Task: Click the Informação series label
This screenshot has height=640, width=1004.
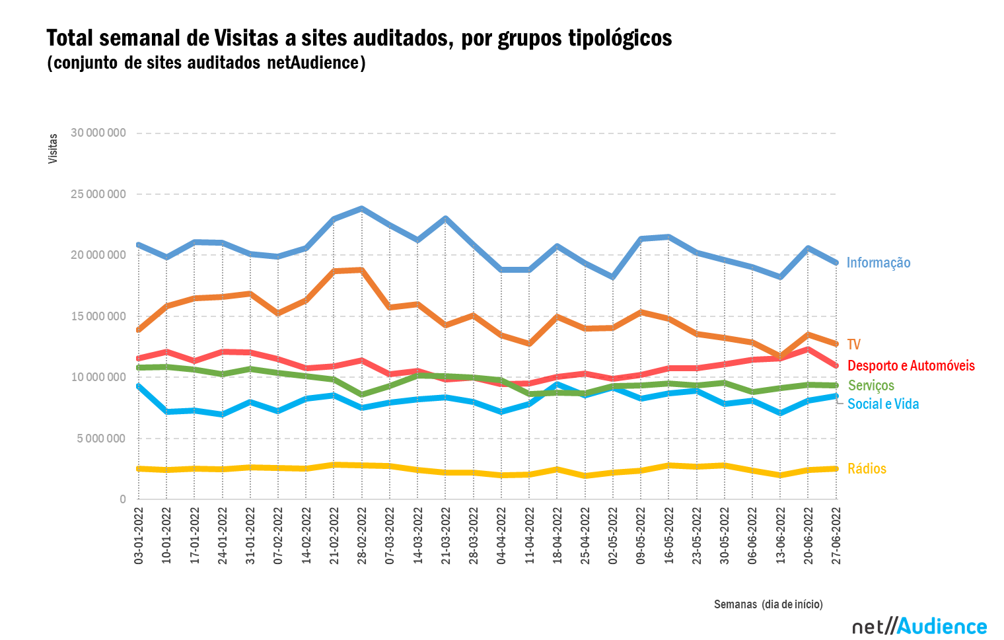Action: tap(878, 263)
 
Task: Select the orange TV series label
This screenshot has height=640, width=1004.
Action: tap(853, 345)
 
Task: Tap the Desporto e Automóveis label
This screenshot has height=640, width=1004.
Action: tap(911, 366)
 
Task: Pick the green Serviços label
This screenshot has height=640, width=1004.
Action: tap(871, 386)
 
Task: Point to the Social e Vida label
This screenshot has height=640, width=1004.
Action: tap(883, 404)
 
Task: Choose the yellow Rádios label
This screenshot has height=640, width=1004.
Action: tap(867, 469)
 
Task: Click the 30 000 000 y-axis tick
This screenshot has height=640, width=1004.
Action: tap(98, 133)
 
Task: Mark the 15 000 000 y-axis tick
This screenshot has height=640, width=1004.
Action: tap(98, 316)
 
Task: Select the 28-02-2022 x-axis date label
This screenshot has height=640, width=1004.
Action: tap(362, 536)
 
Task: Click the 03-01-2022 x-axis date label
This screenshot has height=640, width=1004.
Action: tap(139, 536)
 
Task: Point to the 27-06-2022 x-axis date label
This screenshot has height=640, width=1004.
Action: tap(836, 536)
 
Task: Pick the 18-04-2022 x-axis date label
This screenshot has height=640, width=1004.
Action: tap(557, 536)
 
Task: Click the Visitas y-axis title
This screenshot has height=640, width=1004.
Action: tap(53, 149)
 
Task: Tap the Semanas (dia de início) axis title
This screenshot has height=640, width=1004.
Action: tap(768, 604)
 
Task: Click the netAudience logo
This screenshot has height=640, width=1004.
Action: tap(919, 626)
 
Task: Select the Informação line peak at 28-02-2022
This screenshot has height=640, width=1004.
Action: tap(362, 209)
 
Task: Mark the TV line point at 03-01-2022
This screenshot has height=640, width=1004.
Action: tap(139, 330)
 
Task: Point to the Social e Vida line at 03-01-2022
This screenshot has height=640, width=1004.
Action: tap(139, 386)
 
